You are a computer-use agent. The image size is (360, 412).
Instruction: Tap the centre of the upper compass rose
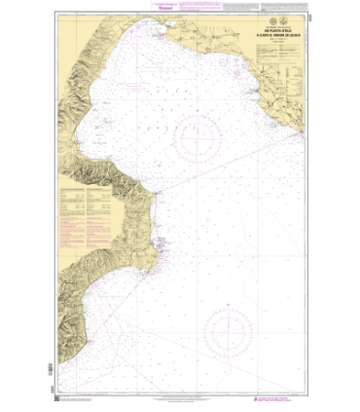(200, 141)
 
